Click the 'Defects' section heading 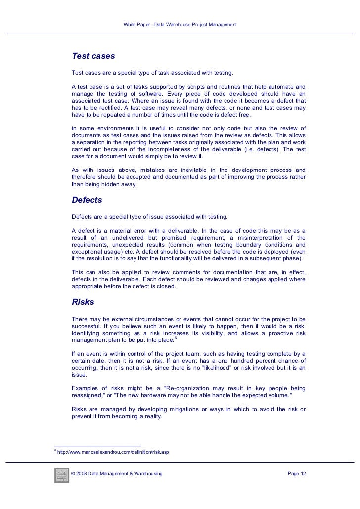click(x=87, y=200)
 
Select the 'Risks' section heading click(x=83, y=301)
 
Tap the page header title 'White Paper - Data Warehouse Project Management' click(x=180, y=25)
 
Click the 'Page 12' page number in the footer click(x=297, y=474)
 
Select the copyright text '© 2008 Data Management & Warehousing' click(x=117, y=474)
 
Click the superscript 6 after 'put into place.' click(x=176, y=338)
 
